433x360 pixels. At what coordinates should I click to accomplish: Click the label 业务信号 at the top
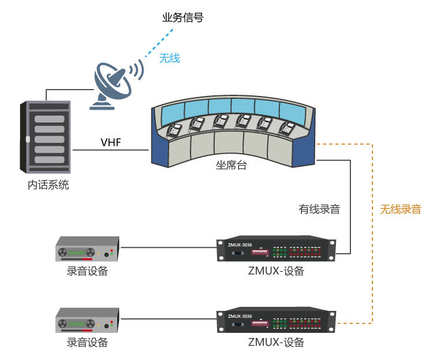[182, 18]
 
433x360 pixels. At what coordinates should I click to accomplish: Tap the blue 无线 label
[170, 58]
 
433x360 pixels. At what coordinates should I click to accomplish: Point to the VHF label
[111, 142]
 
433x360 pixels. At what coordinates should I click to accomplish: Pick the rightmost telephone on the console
[287, 128]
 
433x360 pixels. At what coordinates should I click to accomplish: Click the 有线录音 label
[319, 209]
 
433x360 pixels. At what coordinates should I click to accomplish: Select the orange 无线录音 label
[401, 209]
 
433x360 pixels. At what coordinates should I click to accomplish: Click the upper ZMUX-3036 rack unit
[275, 250]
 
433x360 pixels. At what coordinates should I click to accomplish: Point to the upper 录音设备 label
[87, 271]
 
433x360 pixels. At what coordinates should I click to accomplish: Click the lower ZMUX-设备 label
[276, 342]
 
